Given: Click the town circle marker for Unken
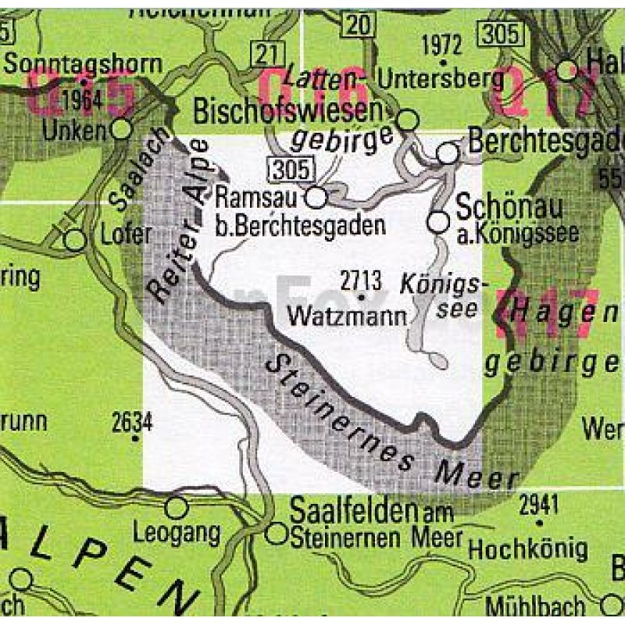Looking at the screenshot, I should point(122,128).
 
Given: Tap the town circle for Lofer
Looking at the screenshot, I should point(74,239).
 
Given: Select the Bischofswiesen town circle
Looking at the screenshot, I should point(409,120).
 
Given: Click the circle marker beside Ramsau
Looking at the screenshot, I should point(316,198).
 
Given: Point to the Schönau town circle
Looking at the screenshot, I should point(439,223).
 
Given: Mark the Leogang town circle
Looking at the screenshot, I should point(177,508).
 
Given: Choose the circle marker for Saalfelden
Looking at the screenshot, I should point(277,534).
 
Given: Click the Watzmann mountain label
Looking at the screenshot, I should point(348,316).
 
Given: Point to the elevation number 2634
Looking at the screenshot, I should point(131,422).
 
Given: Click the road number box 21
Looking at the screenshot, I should point(266,54).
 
